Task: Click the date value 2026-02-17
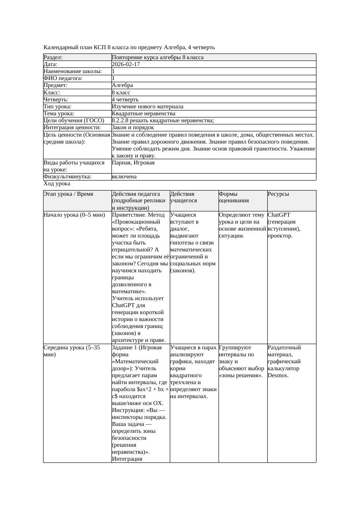[x=126, y=64]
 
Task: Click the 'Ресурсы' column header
[x=278, y=194]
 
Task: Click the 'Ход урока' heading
[x=57, y=184]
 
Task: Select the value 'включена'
[x=124, y=177]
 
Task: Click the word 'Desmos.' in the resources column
[x=278, y=375]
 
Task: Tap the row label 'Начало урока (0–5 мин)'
[x=74, y=215]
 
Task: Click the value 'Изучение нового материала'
[x=148, y=107]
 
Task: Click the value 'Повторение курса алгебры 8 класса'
[x=158, y=57]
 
